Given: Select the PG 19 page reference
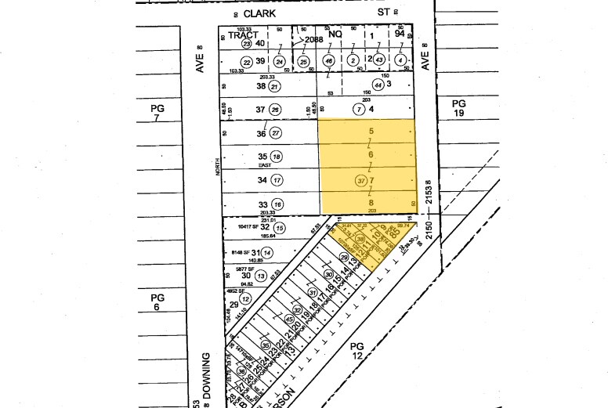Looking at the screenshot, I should tap(458, 108).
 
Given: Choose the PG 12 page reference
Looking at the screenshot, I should tap(357, 350).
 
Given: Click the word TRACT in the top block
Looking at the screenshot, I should tap(243, 34).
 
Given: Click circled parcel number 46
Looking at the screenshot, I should tap(329, 60).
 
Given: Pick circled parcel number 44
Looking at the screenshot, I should tap(378, 85).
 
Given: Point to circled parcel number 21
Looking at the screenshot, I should tap(274, 86).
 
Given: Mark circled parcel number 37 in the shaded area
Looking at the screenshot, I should tap(361, 180).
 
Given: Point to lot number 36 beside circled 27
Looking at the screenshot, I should tap(241, 133).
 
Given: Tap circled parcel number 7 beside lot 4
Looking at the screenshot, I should tap(359, 109).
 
